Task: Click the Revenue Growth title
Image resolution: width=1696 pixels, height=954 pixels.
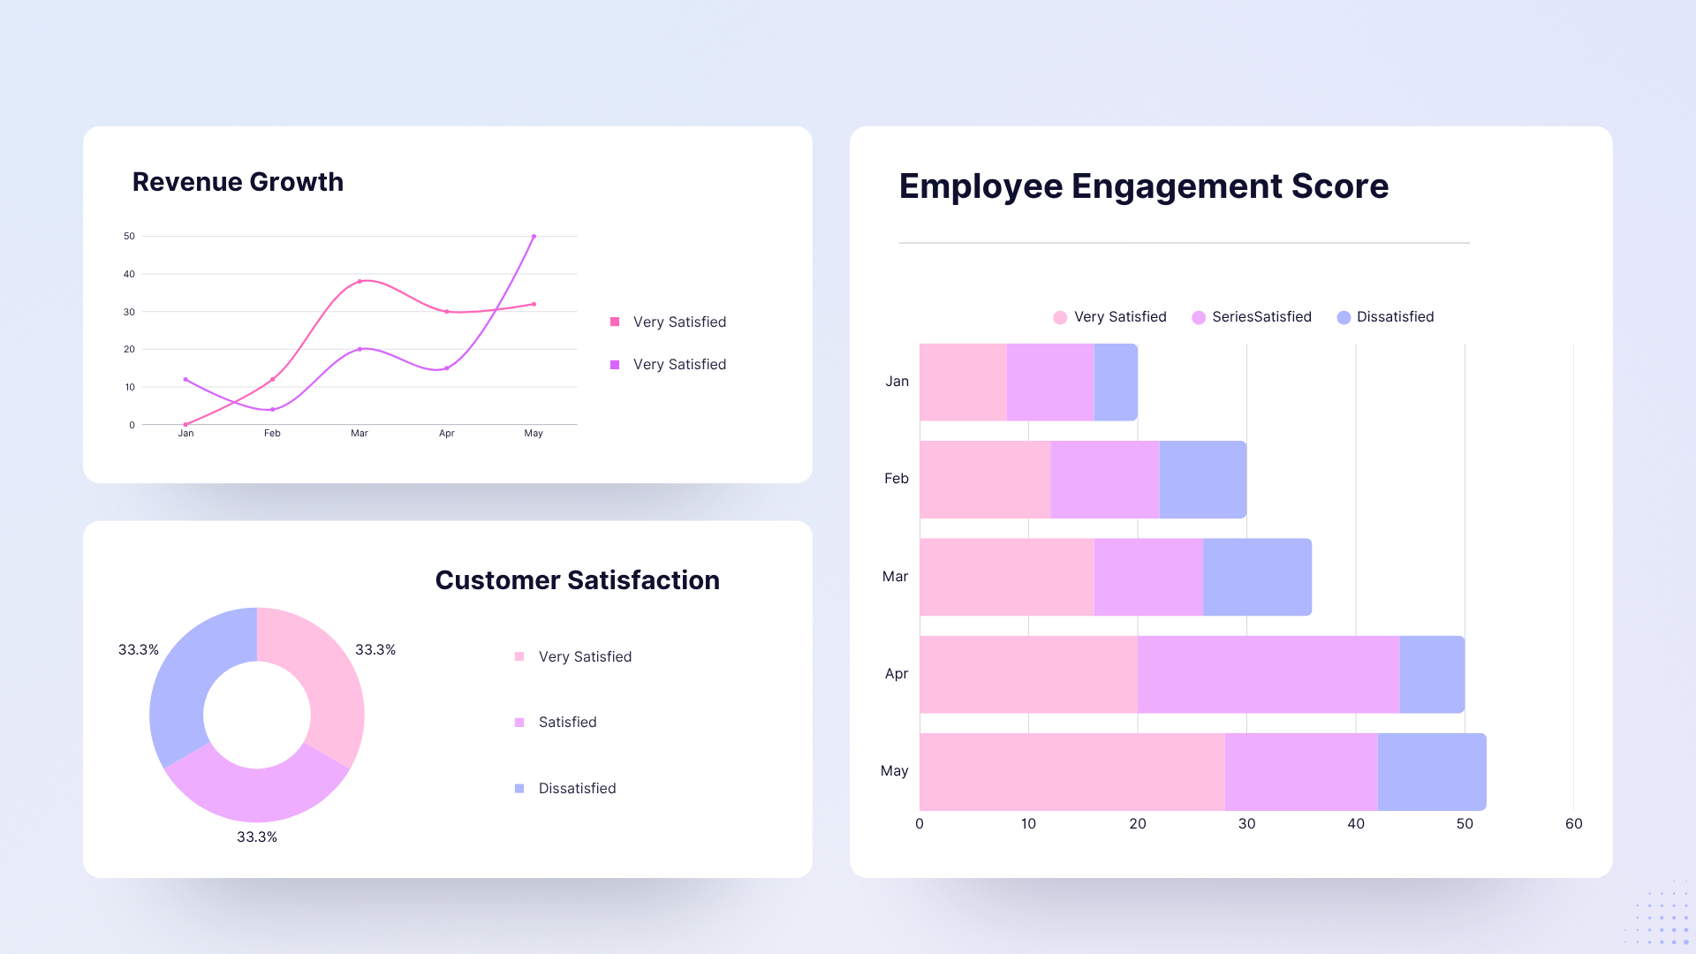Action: click(238, 182)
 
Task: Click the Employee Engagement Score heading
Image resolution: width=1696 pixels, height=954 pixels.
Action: click(1143, 186)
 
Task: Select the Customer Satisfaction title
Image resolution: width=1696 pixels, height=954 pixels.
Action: click(577, 580)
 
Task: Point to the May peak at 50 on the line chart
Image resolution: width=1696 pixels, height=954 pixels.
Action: click(534, 237)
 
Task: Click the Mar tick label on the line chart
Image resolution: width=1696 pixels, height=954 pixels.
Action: click(359, 434)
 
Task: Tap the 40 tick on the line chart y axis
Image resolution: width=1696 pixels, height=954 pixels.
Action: click(130, 274)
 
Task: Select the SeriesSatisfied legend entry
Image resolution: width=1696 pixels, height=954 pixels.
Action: click(1252, 317)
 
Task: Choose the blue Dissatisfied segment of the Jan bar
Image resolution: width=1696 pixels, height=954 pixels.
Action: click(1116, 382)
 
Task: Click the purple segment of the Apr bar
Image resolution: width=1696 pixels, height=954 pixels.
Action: click(1268, 674)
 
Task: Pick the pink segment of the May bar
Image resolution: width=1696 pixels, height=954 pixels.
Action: click(1071, 771)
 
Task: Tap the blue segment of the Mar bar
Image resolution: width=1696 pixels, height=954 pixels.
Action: click(1256, 577)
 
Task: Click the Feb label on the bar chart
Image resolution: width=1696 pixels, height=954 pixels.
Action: click(896, 479)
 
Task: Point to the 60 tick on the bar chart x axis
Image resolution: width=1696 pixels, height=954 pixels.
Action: click(1573, 824)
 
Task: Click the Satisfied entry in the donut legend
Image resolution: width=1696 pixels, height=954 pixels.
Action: click(567, 723)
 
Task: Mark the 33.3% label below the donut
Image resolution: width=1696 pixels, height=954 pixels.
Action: click(256, 837)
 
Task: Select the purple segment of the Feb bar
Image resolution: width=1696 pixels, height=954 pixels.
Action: click(1104, 480)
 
